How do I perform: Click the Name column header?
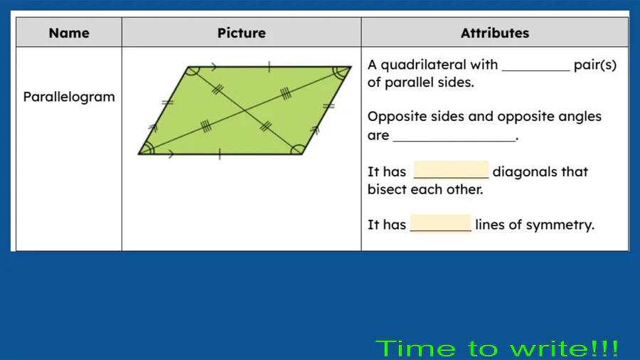[69, 33]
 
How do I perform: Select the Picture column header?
[241, 33]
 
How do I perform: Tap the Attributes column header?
[495, 33]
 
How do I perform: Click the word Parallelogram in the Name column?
[69, 97]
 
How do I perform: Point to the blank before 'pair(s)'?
[536, 70]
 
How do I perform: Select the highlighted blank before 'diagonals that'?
[451, 170]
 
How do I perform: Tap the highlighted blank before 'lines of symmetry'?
[441, 223]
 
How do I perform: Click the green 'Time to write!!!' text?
[497, 349]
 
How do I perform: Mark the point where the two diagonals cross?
[245, 110]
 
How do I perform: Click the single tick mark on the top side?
[269, 67]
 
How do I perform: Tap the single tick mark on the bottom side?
[220, 154]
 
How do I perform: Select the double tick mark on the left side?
[167, 103]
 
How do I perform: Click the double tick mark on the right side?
[329, 107]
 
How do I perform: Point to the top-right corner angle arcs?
[341, 73]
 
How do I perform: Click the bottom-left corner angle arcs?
[149, 148]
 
